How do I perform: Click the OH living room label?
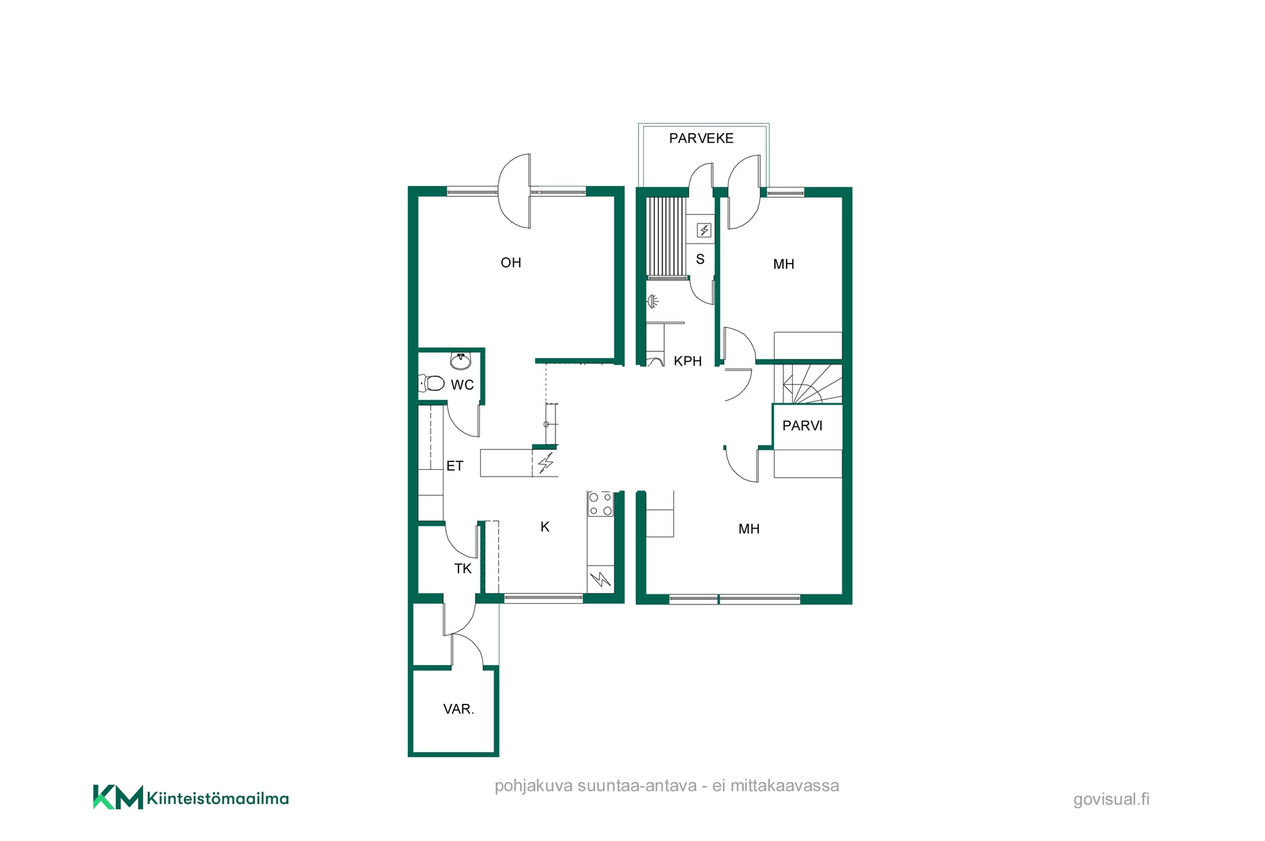[x=511, y=263]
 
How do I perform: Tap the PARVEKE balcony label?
[x=701, y=138]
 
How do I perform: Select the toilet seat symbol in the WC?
[x=432, y=382]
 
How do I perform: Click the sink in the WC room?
[x=461, y=361]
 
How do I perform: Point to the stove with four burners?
[x=600, y=504]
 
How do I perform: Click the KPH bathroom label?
[x=687, y=361]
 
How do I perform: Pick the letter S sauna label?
[x=700, y=260]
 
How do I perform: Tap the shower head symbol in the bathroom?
[x=652, y=301]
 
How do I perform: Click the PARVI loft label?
[x=802, y=426]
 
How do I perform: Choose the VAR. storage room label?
[x=459, y=709]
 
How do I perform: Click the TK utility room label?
[x=463, y=569]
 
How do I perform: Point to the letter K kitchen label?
[x=545, y=527]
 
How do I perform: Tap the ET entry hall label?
[x=455, y=466]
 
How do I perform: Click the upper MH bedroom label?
[x=783, y=264]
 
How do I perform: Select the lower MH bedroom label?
[x=749, y=529]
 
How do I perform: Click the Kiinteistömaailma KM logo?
[x=190, y=797]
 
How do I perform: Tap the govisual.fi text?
[x=1111, y=799]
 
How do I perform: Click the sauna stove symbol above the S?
[x=704, y=230]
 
